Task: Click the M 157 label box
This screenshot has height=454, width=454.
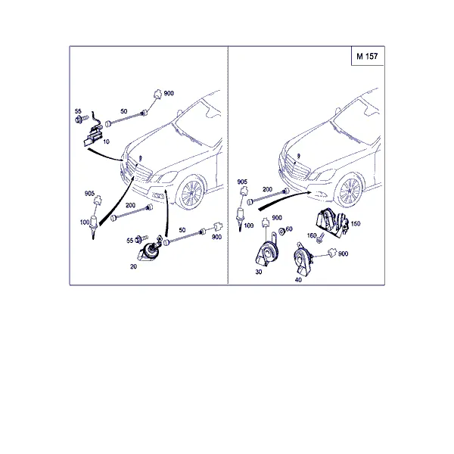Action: point(368,56)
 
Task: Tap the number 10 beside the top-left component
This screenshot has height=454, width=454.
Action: point(106,141)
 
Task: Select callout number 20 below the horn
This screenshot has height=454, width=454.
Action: point(133,266)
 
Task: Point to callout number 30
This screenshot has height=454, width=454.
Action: point(259,272)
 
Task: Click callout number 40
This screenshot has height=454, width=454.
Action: point(298,280)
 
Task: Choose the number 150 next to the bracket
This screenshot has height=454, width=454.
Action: point(356,223)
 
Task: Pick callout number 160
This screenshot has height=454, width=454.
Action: point(312,235)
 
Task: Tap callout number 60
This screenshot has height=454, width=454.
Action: point(289,229)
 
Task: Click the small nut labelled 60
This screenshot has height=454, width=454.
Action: point(281,232)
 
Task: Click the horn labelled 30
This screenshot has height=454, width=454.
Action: point(266,251)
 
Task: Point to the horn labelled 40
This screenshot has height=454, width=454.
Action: point(303,260)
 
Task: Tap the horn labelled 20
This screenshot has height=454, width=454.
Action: point(149,250)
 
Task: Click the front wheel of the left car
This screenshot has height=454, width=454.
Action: point(191,192)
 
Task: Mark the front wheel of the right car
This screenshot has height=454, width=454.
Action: point(350,190)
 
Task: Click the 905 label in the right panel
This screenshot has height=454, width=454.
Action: point(242,182)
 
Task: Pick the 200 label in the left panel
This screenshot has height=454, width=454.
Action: point(130,205)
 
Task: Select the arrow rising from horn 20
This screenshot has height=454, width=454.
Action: point(166,213)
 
